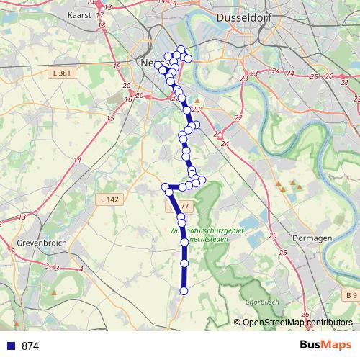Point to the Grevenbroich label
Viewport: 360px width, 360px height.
(42, 243)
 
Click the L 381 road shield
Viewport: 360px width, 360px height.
(62, 73)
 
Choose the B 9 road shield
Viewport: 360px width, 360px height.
(351, 295)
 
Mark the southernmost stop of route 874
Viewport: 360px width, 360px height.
(184, 291)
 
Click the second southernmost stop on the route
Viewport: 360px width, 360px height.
(184, 264)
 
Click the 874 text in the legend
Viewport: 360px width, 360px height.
(30, 346)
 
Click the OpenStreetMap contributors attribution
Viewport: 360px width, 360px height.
(293, 323)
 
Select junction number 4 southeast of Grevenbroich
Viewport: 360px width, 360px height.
(81, 269)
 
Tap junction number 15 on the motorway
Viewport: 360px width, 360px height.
(110, 118)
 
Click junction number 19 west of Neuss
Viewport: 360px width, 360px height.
(117, 66)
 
